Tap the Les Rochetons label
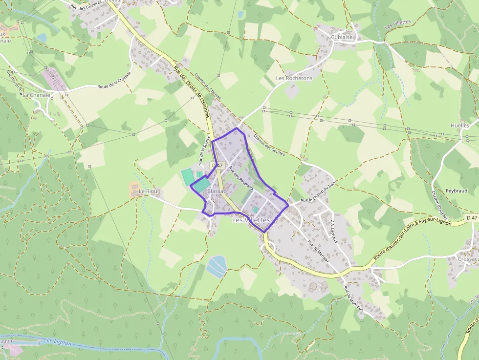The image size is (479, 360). pyautogui.click(x=294, y=78)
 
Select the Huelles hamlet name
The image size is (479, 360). pyautogui.click(x=459, y=126)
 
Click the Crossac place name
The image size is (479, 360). pyautogui.click(x=468, y=259)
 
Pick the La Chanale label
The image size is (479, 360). pyautogui.click(x=36, y=95)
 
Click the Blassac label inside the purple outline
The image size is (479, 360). pyautogui.click(x=217, y=191)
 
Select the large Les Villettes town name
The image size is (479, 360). pyautogui.click(x=251, y=220)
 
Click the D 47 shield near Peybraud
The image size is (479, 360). pyautogui.click(x=472, y=217)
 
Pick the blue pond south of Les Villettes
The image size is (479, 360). pyautogui.click(x=216, y=265)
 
